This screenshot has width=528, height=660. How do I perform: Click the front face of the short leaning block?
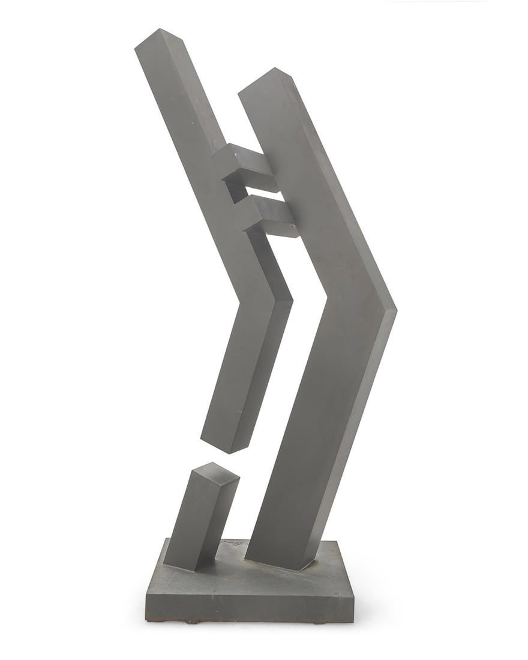(x=188, y=522)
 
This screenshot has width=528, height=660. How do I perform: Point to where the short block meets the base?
(x=180, y=567)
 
